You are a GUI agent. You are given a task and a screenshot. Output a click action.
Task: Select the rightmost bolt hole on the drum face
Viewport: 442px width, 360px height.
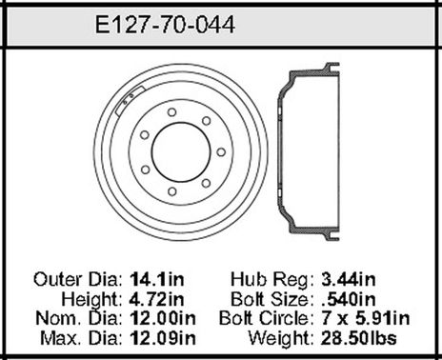[x=220, y=152]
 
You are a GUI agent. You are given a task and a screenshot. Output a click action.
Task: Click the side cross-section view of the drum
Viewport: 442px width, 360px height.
[x=303, y=150]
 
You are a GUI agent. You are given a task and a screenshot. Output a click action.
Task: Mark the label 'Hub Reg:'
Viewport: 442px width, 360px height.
[x=271, y=280]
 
